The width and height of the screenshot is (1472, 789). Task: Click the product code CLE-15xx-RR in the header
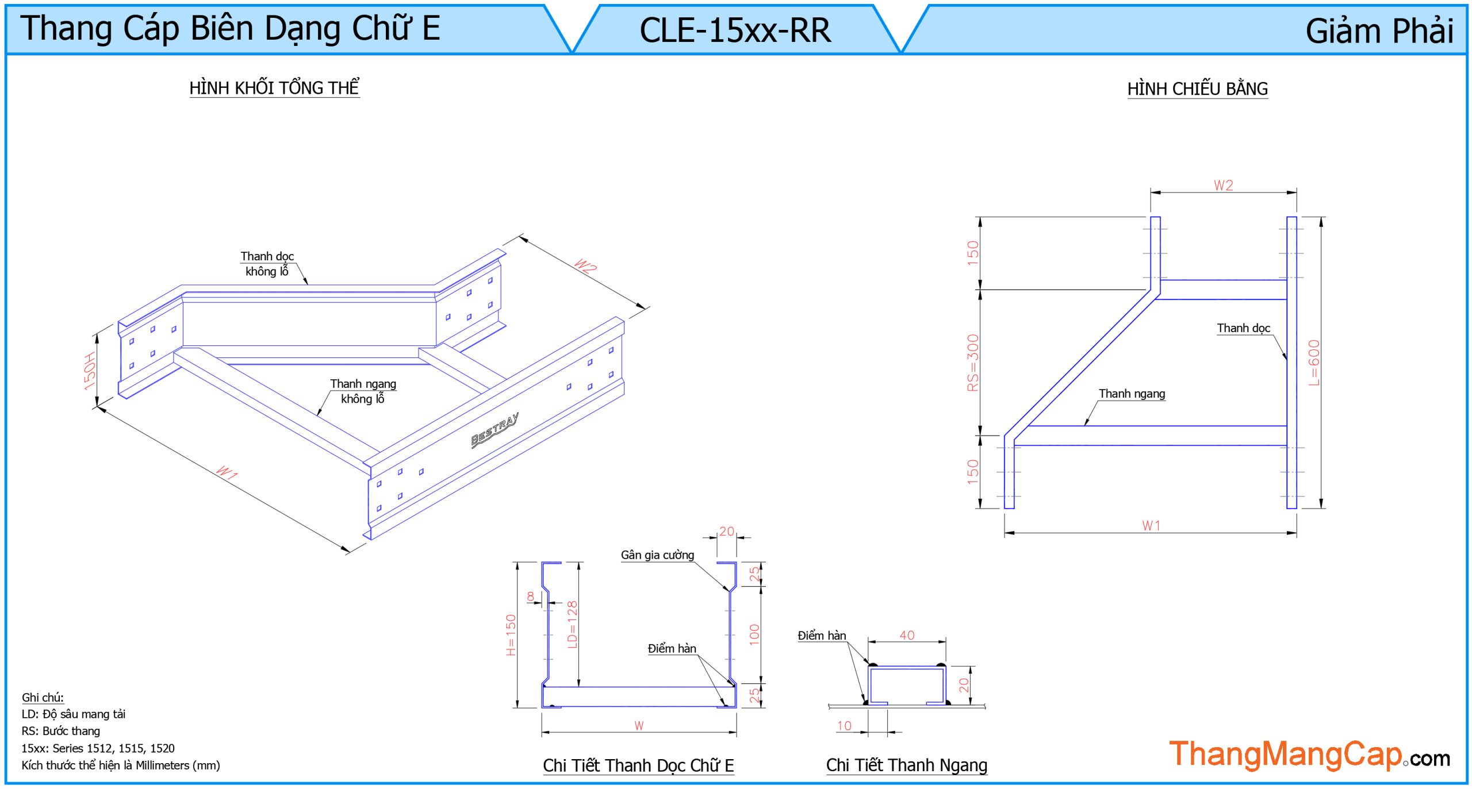coord(735,30)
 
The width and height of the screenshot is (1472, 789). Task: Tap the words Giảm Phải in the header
coord(1378,31)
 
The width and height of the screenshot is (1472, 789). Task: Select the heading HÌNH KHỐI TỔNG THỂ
coord(274,88)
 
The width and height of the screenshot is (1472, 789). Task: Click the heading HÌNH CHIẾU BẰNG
coord(1197,89)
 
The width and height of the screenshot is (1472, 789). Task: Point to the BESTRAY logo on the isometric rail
coord(494,429)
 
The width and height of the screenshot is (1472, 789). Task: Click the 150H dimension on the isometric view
coord(90,371)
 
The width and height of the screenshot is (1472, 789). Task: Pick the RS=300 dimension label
coord(972,363)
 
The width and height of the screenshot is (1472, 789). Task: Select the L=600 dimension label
coord(1314,363)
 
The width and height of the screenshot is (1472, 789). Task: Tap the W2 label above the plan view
coord(1223,186)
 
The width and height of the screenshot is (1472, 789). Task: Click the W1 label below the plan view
coord(1151,525)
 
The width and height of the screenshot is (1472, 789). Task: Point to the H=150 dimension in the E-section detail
coord(511,635)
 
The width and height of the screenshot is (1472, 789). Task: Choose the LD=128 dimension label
coord(572,625)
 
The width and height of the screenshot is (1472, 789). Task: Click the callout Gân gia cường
coord(657,555)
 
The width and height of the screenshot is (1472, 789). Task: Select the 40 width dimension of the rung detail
coord(907,635)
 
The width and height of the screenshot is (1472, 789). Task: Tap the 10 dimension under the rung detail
coord(844,726)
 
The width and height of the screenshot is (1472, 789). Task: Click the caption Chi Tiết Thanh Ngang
coord(906,765)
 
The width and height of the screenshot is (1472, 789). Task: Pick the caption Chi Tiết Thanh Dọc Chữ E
coord(638,765)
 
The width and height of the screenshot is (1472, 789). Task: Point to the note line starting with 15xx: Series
coord(98,748)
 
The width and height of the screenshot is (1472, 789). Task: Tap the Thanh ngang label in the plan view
coord(1132,394)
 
